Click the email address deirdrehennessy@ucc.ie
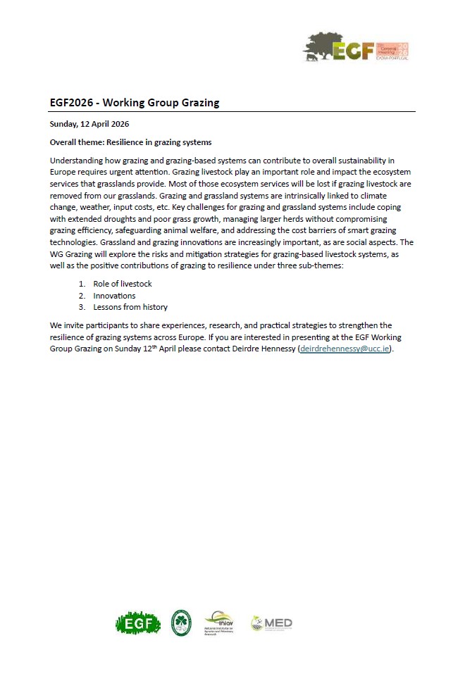[x=345, y=349]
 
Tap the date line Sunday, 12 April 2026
[x=89, y=124]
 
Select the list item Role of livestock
[x=122, y=284]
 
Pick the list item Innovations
[x=114, y=296]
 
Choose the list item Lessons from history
[x=130, y=307]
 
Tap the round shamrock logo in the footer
[x=181, y=622]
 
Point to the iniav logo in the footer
[x=218, y=622]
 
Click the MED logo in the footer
[x=271, y=623]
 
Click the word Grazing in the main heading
[x=199, y=103]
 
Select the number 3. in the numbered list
[x=82, y=307]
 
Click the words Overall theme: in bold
[x=76, y=142]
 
